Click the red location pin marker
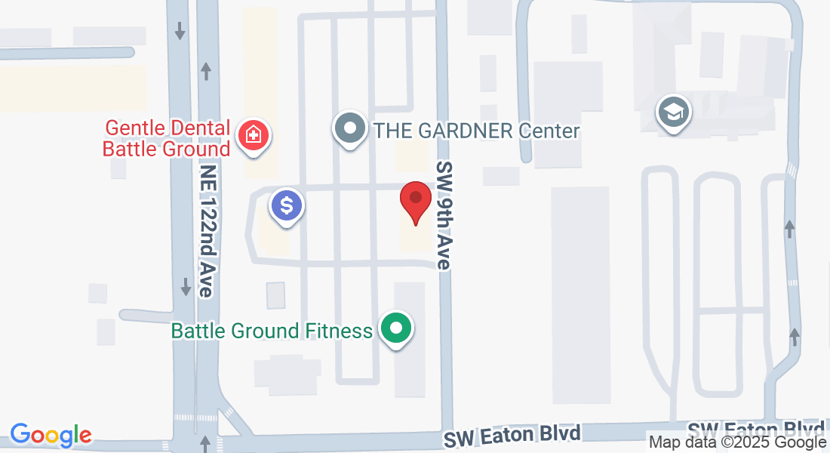(x=415, y=200)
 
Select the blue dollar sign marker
(x=287, y=205)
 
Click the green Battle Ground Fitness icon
(x=395, y=328)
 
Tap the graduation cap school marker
(x=673, y=112)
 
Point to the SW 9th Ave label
(x=444, y=214)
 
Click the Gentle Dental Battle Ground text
(x=167, y=138)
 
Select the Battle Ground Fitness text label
(x=272, y=331)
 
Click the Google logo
(x=51, y=435)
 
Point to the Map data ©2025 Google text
(x=737, y=443)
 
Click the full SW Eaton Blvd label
(x=512, y=436)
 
